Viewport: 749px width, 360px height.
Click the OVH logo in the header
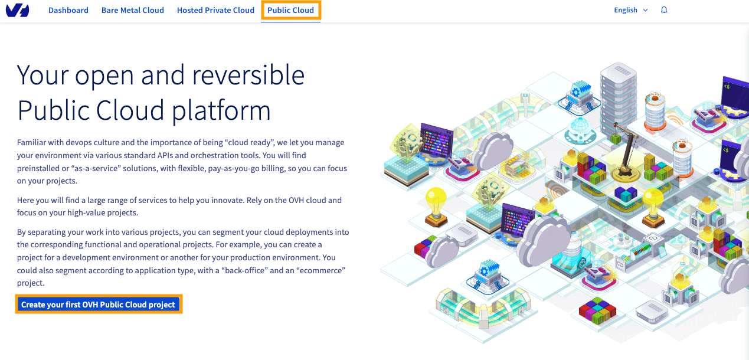click(x=17, y=11)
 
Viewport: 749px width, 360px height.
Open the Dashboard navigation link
click(x=68, y=11)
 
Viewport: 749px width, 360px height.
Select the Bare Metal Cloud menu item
click(x=133, y=11)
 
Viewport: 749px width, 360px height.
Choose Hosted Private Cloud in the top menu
click(x=215, y=11)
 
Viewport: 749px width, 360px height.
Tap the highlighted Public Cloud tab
click(x=290, y=11)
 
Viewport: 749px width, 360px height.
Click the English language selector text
click(x=626, y=11)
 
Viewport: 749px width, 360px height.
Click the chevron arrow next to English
click(x=645, y=11)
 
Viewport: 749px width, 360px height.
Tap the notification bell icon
click(x=664, y=10)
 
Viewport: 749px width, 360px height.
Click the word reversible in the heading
click(x=248, y=75)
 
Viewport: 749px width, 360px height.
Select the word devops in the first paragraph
click(x=79, y=143)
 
